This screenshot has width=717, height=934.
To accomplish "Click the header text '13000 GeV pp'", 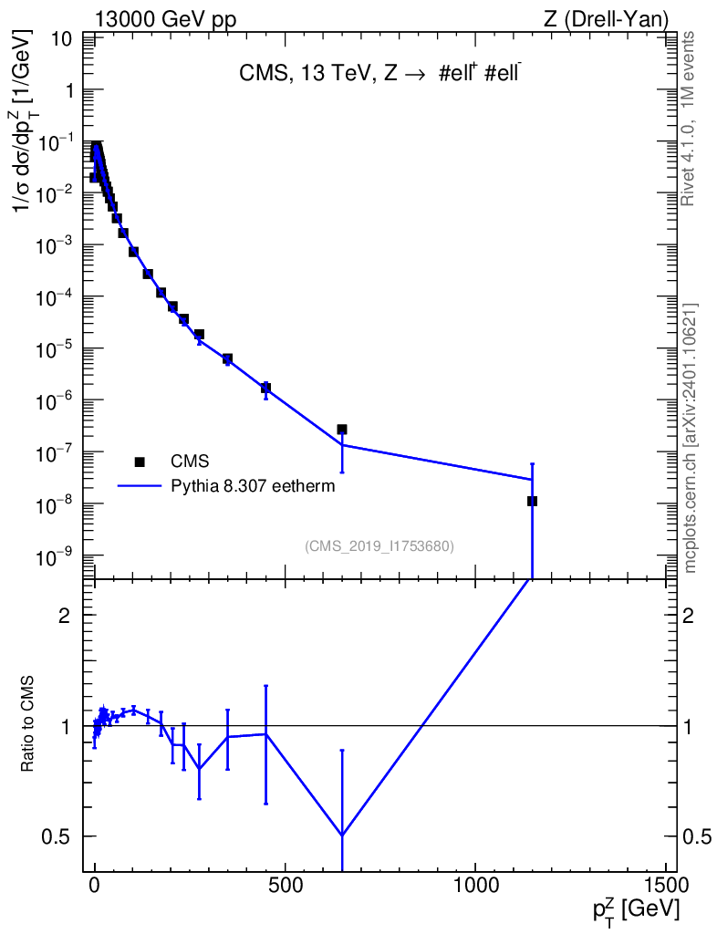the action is click(165, 20).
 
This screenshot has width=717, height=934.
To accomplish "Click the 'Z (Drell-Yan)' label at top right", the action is click(606, 20).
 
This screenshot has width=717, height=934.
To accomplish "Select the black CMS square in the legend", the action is click(140, 462).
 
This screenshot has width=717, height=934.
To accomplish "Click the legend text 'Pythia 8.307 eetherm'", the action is click(253, 487).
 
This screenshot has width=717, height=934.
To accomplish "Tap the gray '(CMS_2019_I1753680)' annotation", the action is click(379, 546).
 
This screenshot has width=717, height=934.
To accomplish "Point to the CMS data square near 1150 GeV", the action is click(532, 501).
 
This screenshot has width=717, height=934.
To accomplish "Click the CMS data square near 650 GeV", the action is click(342, 430).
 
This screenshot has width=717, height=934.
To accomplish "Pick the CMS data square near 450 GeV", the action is click(265, 388).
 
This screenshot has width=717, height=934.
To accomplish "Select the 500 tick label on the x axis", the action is click(286, 885).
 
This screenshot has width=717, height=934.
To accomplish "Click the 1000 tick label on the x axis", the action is click(475, 885).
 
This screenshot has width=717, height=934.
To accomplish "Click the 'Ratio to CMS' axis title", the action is click(27, 723).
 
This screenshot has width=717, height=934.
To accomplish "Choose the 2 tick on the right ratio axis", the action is click(688, 616).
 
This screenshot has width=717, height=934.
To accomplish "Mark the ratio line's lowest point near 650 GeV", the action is click(342, 835).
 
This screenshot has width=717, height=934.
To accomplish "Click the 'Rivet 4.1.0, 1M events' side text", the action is click(688, 119).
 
